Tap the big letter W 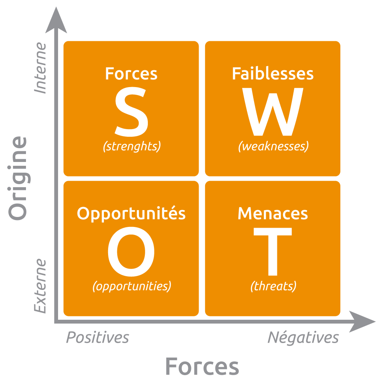(273, 113)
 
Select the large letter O (131, 252)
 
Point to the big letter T (273, 252)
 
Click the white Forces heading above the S (131, 74)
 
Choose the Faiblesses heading (273, 74)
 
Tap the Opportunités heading (131, 214)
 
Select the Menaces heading (273, 214)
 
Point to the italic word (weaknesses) (273, 146)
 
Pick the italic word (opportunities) (132, 286)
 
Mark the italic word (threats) (273, 286)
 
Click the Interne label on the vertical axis (40, 68)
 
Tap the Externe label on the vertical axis (40, 286)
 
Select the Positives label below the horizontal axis (97, 338)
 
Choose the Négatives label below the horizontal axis (303, 337)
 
